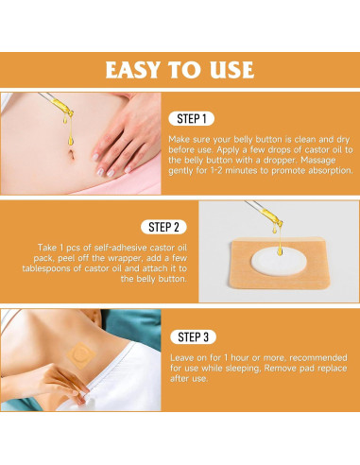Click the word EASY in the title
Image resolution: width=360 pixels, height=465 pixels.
(x=133, y=70)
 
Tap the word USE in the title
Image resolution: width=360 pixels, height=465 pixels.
(x=232, y=70)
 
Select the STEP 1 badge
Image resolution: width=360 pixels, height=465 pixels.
(x=192, y=119)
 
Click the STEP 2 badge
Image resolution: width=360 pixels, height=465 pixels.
(x=163, y=227)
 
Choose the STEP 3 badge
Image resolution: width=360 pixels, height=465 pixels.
(x=193, y=337)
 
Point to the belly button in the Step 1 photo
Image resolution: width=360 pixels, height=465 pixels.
(x=72, y=155)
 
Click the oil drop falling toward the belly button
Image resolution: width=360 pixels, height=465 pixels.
(x=71, y=140)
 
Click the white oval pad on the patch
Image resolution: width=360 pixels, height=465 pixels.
(x=279, y=261)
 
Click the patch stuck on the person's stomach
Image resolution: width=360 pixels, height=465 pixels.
(x=81, y=355)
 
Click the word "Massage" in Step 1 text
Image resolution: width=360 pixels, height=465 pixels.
(x=318, y=160)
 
